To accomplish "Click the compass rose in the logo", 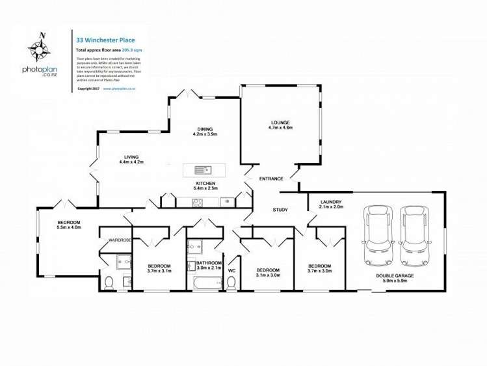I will (38, 47).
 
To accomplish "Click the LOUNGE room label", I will (281, 122).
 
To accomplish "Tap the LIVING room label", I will (131, 156).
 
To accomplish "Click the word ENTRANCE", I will (270, 178).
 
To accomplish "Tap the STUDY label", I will (280, 210).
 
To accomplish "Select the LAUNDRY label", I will (331, 202).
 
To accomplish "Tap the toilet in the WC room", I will (231, 283).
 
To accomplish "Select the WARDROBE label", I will (120, 240).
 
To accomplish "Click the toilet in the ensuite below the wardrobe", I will (109, 282).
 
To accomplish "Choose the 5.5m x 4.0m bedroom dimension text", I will (68, 227).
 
